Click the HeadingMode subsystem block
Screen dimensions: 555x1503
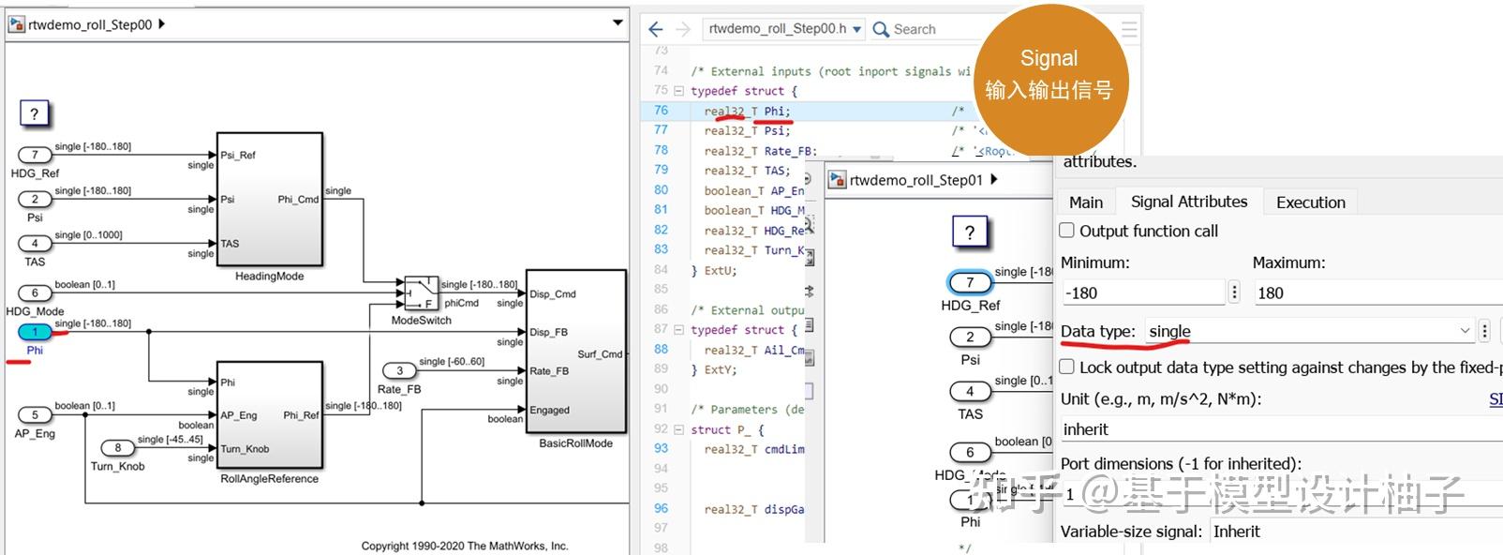tap(270, 199)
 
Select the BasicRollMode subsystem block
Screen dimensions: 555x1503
tap(575, 352)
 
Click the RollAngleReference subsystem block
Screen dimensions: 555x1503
tap(270, 414)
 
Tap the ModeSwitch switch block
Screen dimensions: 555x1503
tap(421, 292)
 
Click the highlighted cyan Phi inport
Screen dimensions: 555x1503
tap(36, 332)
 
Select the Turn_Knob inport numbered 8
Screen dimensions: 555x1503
tap(118, 448)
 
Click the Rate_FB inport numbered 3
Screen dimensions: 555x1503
tap(399, 371)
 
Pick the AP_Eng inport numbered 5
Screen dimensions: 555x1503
tap(36, 414)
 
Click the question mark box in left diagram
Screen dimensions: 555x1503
tap(35, 114)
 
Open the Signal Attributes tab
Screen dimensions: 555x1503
tap(1188, 202)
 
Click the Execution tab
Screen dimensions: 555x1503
tap(1310, 202)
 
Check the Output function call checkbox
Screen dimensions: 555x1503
tap(1067, 231)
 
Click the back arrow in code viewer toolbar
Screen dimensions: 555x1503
tap(656, 29)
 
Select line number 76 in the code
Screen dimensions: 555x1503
tap(662, 111)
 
